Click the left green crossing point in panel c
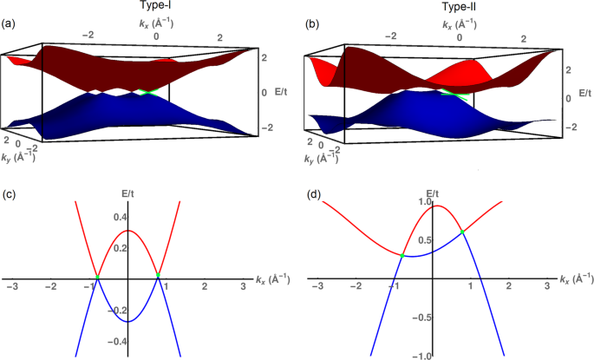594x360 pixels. pos(97,276)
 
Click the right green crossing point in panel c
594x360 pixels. pos(158,276)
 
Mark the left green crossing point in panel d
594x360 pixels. pos(403,255)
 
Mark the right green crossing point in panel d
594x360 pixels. pos(463,232)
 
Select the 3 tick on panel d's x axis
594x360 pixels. pos(546,285)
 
